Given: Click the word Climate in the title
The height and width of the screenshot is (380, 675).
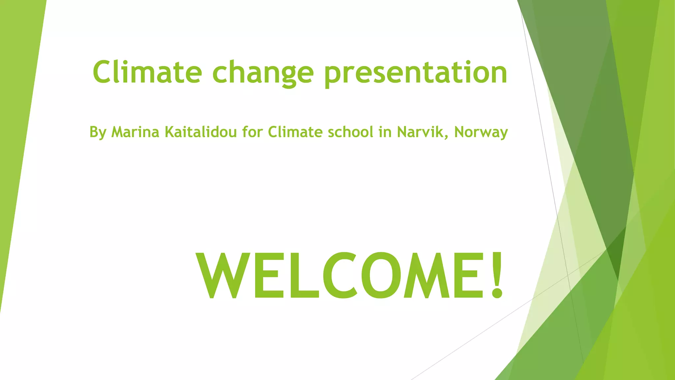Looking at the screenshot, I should point(147,72).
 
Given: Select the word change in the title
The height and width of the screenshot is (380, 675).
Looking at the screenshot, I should point(263,73).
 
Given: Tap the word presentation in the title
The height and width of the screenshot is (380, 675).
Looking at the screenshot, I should point(416,73).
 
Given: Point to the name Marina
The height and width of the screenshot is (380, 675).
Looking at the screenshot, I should point(135,132).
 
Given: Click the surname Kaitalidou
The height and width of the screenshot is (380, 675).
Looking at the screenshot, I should point(200,132).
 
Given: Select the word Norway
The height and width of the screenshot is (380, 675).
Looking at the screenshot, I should point(481,133).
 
